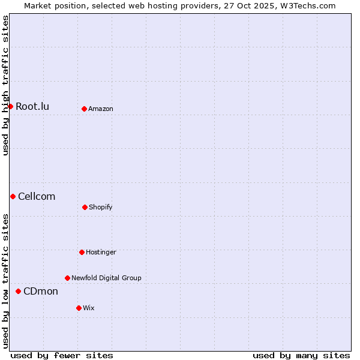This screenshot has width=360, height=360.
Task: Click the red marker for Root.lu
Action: click(x=10, y=106)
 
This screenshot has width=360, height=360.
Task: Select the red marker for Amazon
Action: click(x=84, y=109)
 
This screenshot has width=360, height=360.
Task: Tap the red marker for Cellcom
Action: click(x=13, y=196)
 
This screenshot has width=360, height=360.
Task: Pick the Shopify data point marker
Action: click(x=85, y=207)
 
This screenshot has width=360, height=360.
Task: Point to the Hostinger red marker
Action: click(x=82, y=252)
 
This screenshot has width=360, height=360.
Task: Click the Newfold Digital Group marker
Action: click(x=67, y=278)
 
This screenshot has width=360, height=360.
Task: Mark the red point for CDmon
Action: click(x=18, y=291)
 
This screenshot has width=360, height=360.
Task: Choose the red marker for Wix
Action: click(x=79, y=308)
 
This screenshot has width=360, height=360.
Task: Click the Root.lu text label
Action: click(x=32, y=107)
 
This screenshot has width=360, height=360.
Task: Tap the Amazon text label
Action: click(x=101, y=109)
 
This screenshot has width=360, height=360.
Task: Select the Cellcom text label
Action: click(x=37, y=197)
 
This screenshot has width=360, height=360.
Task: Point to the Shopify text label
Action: click(x=101, y=208)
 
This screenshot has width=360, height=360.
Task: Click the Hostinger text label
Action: click(x=101, y=253)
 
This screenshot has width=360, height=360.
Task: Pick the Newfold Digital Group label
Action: click(x=106, y=278)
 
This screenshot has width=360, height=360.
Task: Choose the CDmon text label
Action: click(x=41, y=292)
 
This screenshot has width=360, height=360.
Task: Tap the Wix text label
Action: click(x=89, y=308)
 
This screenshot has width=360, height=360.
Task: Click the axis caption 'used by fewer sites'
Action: click(x=62, y=355)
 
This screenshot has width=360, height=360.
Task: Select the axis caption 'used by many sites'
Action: click(x=301, y=355)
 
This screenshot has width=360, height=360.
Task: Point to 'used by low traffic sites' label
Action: click(x=6, y=281)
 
